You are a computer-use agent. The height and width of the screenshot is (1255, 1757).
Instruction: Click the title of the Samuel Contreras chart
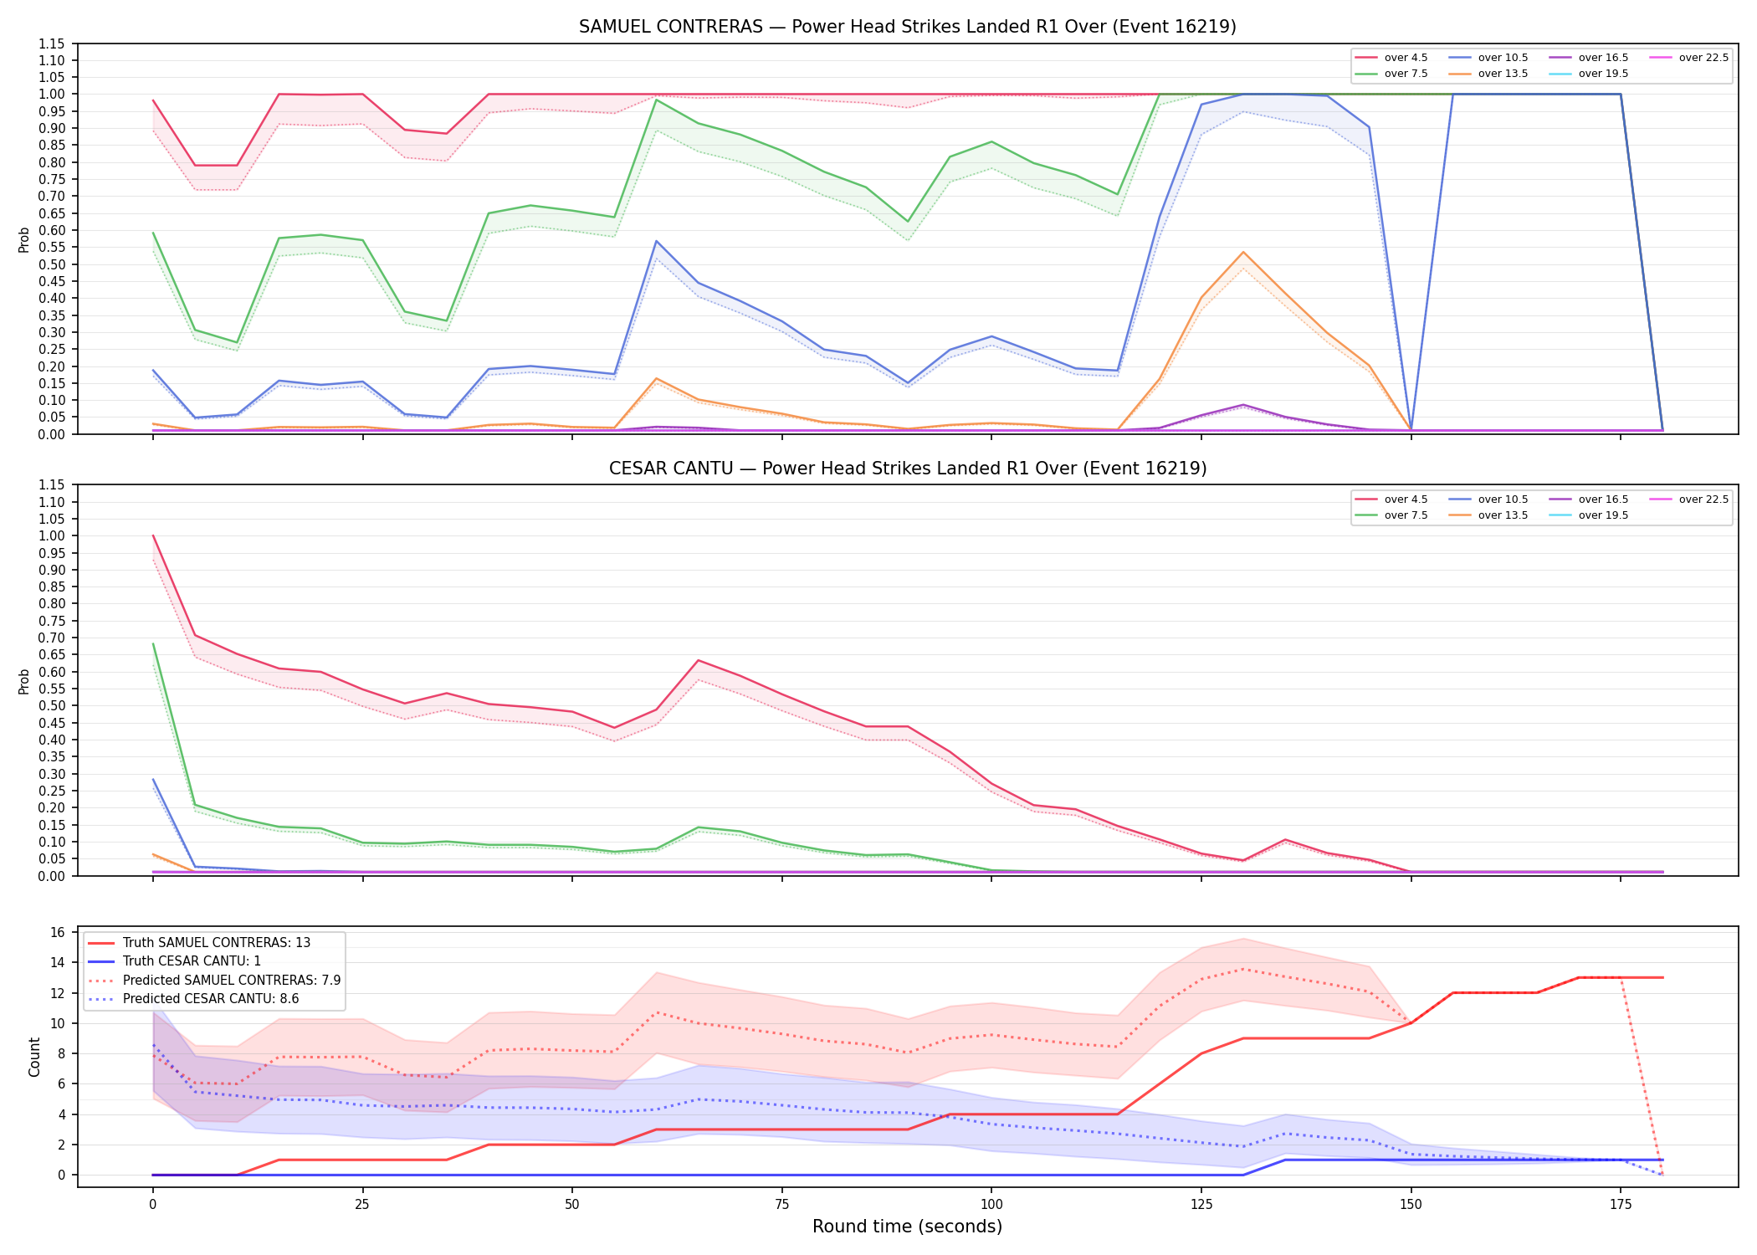(x=908, y=27)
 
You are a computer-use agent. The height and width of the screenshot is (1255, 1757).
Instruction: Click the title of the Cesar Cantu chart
(x=908, y=469)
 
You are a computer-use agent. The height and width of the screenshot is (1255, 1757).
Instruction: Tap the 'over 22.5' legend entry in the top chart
(x=1689, y=58)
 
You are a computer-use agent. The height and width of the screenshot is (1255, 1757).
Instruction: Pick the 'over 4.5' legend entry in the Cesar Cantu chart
(x=1391, y=499)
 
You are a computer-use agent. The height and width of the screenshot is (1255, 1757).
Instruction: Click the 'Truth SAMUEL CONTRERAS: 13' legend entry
(x=199, y=943)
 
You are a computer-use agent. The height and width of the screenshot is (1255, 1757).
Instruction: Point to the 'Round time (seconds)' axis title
(x=908, y=1227)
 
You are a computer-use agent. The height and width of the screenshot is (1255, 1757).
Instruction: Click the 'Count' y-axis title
(x=34, y=1057)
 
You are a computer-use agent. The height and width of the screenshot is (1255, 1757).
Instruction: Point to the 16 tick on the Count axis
(x=58, y=932)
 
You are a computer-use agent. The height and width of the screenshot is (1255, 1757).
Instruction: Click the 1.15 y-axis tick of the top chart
(x=52, y=44)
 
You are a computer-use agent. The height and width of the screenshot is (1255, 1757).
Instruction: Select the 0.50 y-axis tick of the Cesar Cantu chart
(x=52, y=705)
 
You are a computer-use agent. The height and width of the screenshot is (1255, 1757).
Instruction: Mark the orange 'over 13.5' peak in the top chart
(x=1243, y=252)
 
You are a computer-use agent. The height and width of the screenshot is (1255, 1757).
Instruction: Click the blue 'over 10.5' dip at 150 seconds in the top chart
(x=1411, y=430)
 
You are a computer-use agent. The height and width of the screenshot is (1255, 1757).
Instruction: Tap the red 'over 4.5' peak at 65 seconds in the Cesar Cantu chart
(x=698, y=660)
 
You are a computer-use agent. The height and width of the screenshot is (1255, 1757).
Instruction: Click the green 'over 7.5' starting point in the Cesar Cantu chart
(x=153, y=644)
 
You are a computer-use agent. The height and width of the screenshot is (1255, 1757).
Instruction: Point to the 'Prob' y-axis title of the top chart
(x=24, y=239)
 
